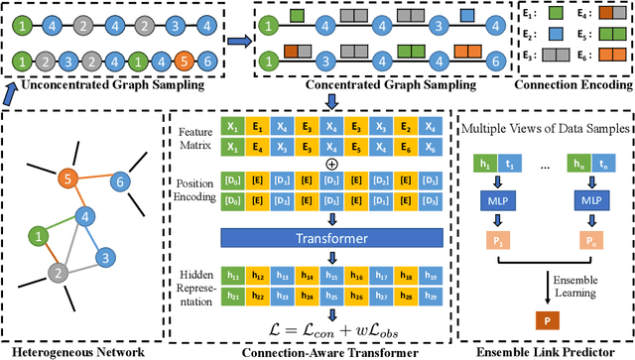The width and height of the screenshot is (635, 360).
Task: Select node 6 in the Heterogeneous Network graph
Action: point(119,182)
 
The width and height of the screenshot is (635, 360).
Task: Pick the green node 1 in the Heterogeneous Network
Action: point(38,236)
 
